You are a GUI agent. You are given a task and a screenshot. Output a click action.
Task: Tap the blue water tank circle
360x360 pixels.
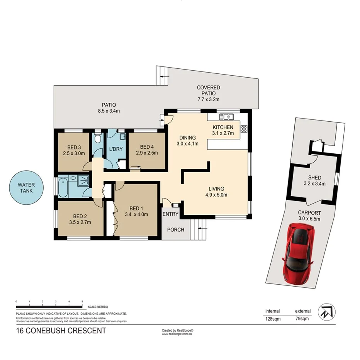tap(26, 188)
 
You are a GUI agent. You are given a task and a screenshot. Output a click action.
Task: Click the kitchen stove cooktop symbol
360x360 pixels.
tap(244, 129)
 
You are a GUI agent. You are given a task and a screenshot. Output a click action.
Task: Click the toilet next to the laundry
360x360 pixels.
tap(98, 139)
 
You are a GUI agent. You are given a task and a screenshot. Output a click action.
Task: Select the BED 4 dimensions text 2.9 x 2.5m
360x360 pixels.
tap(147, 153)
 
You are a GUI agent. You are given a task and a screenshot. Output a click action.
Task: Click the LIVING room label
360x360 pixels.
tap(216, 188)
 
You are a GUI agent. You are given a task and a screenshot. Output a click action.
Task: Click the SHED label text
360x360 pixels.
tap(314, 178)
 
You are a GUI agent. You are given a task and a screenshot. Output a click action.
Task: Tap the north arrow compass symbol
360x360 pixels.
tap(326, 312)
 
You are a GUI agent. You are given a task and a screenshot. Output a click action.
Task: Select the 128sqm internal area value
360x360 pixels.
tap(272, 319)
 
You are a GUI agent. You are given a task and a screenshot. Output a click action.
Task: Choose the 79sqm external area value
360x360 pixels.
tap(303, 319)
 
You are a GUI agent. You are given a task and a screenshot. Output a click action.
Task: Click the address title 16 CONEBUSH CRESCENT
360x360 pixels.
tap(61, 331)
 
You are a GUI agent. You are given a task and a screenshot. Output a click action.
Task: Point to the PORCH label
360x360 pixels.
tap(175, 229)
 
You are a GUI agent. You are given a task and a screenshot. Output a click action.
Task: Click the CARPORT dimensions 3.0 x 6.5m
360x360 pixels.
tap(309, 219)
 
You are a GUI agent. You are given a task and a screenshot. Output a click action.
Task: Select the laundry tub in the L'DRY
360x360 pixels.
tap(122, 136)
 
